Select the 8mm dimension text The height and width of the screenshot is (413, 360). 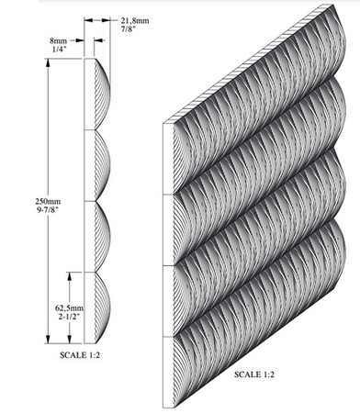58,40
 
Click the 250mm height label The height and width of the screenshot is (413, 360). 49,201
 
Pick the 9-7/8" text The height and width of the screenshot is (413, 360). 48,210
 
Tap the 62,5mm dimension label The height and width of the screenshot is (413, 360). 69,307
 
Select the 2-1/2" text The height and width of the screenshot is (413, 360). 69,317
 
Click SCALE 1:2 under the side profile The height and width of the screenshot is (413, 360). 80,355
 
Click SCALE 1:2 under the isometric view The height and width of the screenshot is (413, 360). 254,374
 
